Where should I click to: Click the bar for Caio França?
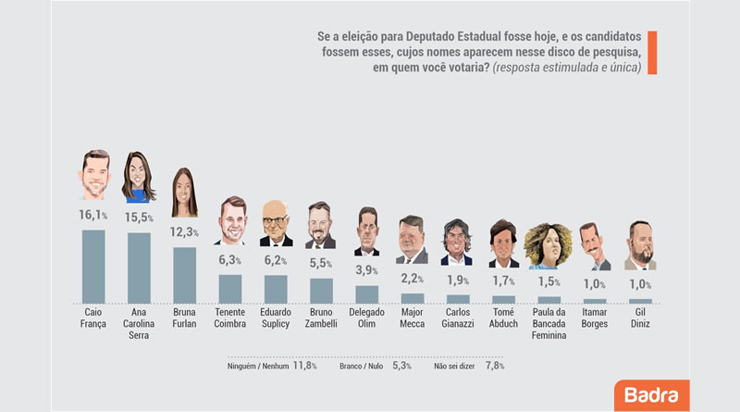93,267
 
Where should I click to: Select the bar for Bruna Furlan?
184,276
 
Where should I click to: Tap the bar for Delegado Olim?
366,294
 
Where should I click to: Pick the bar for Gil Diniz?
640,301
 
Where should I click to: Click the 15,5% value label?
139,218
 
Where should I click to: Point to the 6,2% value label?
275,260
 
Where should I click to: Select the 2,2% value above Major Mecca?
412,279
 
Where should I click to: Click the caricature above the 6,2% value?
276,223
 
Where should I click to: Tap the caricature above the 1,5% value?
548,245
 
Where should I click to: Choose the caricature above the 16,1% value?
95,175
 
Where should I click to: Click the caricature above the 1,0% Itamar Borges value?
594,246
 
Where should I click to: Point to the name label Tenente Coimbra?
229,318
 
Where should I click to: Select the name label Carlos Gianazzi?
458,318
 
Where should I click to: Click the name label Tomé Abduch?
503,318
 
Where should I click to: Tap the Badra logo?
652,395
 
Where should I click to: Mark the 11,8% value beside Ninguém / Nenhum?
305,366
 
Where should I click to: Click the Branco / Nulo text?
361,366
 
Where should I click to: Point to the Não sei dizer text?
454,366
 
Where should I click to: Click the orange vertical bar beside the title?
652,53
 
